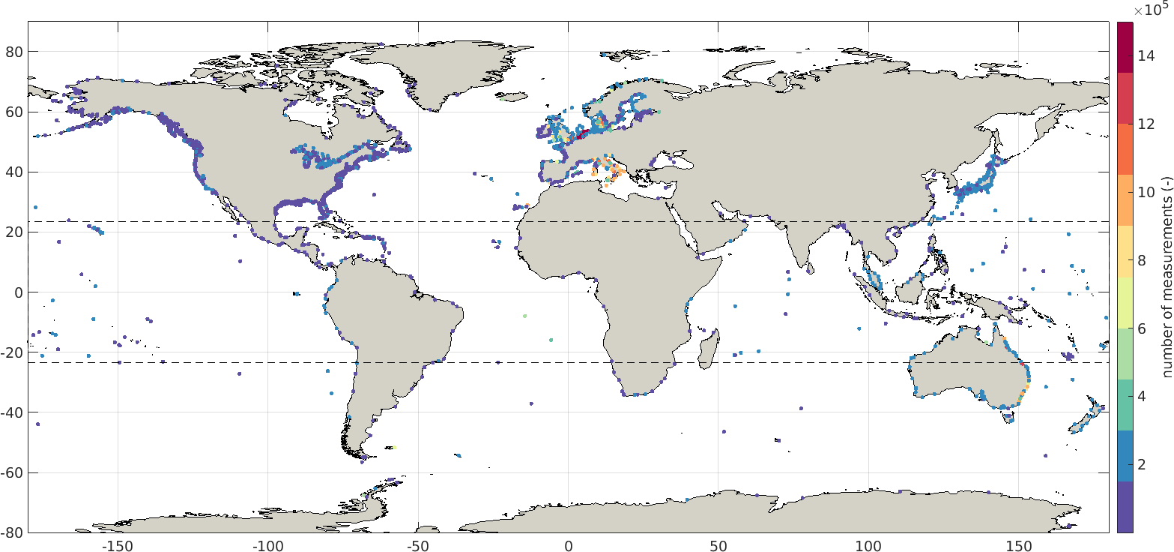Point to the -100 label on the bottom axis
point(266,544)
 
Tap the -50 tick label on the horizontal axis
point(416,544)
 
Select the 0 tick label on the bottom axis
point(569,544)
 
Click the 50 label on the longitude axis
point(718,544)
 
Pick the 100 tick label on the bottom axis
point(869,544)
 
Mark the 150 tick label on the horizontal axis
point(1019,544)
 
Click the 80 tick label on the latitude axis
point(15,52)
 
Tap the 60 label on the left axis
point(15,112)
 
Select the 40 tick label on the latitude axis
point(15,172)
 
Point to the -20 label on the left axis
point(13,352)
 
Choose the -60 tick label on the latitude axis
point(13,472)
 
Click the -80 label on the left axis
point(13,532)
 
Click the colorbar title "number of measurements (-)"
point(1167,277)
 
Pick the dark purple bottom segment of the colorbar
point(1125,507)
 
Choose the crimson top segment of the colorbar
point(1125,47)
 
